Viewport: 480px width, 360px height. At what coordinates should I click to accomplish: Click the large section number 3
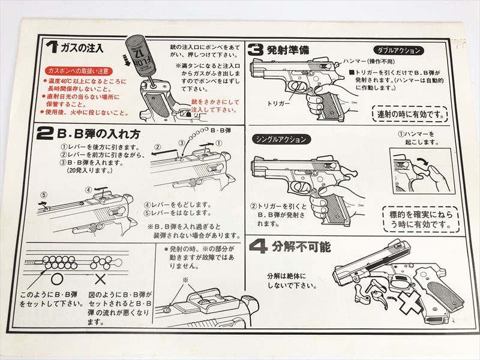[256, 50]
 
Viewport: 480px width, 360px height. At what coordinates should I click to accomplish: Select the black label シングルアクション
[282, 139]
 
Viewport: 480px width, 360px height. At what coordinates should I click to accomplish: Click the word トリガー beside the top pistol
[278, 103]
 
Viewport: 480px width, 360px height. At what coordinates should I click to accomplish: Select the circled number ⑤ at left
[43, 195]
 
